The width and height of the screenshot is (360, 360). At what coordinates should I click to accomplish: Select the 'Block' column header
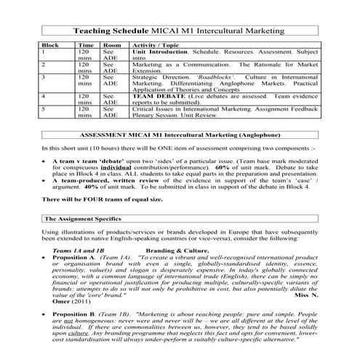click(50, 46)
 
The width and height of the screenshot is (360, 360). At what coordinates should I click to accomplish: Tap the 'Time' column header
click(85, 46)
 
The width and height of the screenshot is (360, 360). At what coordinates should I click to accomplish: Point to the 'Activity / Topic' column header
click(156, 46)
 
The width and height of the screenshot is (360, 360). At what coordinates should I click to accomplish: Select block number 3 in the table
click(44, 75)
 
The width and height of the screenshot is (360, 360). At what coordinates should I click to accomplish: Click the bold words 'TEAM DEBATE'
click(155, 96)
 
